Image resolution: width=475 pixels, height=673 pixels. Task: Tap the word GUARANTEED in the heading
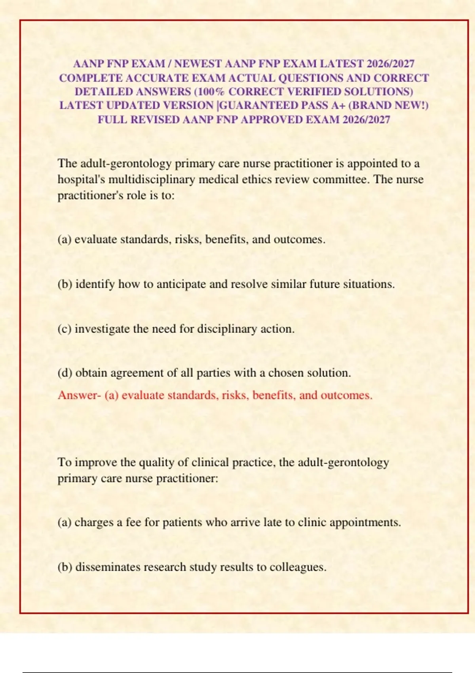pos(258,105)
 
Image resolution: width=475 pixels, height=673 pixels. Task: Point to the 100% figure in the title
pos(211,92)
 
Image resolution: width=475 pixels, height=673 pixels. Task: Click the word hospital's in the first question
pos(81,179)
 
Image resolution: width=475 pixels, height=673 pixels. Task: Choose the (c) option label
pos(65,329)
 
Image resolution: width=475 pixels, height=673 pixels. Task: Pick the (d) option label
pos(65,373)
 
